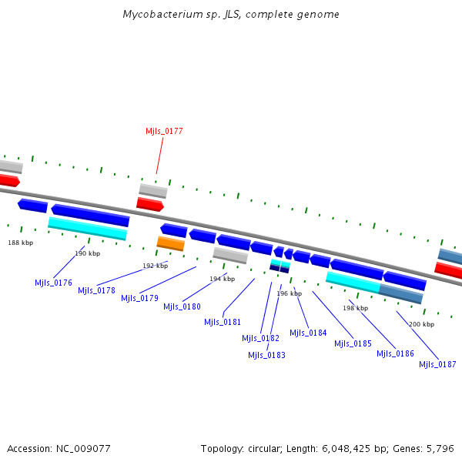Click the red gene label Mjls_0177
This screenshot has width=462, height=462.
[164, 131]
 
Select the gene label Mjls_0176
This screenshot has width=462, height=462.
[53, 283]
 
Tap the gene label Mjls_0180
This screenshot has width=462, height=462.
[182, 306]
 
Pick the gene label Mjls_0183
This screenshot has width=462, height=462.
[266, 355]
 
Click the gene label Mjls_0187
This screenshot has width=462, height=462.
[437, 364]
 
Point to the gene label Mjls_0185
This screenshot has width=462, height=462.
[353, 343]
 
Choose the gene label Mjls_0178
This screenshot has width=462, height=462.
[96, 290]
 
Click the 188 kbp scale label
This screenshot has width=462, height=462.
[21, 243]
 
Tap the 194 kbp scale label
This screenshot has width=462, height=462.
[222, 279]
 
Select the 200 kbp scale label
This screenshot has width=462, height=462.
[421, 324]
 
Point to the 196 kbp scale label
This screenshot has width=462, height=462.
[289, 293]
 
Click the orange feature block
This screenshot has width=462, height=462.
[170, 243]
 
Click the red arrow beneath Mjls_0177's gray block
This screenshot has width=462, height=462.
[150, 204]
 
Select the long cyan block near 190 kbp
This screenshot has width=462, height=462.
[87, 228]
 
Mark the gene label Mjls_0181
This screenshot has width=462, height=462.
[223, 322]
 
